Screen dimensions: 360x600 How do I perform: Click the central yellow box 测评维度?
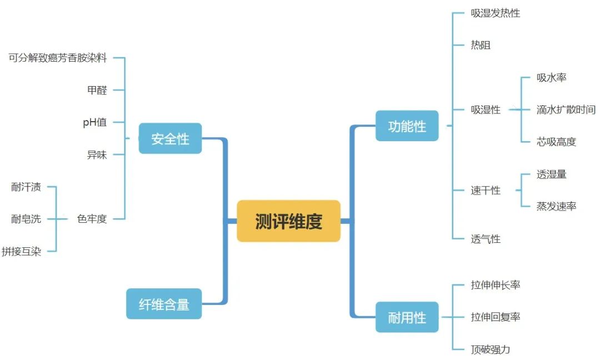click(x=288, y=221)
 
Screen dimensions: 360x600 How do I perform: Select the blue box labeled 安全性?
click(x=170, y=138)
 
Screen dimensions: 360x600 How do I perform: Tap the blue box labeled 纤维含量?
click(x=164, y=304)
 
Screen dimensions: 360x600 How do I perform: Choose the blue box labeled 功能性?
click(x=407, y=126)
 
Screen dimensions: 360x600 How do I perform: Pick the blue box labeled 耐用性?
click(x=407, y=317)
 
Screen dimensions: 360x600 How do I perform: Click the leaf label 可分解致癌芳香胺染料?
click(x=58, y=58)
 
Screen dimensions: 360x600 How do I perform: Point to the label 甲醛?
click(x=97, y=90)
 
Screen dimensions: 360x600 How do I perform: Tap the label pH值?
click(x=94, y=122)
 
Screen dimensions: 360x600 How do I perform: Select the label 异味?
click(x=97, y=155)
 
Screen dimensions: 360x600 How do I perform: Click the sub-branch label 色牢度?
click(x=92, y=219)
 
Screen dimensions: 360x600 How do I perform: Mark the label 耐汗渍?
click(x=26, y=187)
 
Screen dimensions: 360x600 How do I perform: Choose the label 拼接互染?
click(x=21, y=251)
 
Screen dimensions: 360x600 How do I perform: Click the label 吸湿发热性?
click(x=495, y=13)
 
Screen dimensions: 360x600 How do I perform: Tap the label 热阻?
click(x=481, y=45)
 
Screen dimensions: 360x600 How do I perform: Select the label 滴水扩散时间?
click(x=566, y=109)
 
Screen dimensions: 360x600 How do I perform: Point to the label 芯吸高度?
click(x=556, y=142)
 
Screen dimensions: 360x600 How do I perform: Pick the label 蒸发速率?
click(x=556, y=206)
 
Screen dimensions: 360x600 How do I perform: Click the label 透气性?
click(x=486, y=239)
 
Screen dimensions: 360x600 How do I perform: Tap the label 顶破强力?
click(x=490, y=349)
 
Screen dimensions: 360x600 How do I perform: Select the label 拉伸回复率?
click(x=495, y=317)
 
